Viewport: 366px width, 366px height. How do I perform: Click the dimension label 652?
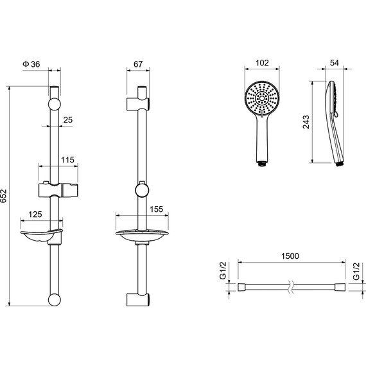pyautogui.click(x=3, y=196)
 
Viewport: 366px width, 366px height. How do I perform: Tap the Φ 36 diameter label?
pyautogui.click(x=31, y=64)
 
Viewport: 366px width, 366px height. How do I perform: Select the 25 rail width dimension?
pyautogui.click(x=68, y=120)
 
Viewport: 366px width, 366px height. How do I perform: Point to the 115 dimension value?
pyautogui.click(x=67, y=160)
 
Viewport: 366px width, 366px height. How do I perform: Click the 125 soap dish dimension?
pyautogui.click(x=35, y=214)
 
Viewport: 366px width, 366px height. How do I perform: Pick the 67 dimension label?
pyautogui.click(x=138, y=64)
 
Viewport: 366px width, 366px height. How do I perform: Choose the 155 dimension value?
pyautogui.click(x=157, y=209)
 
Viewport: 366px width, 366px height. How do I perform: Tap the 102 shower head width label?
pyautogui.click(x=262, y=63)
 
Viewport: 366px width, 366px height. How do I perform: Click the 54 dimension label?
pyautogui.click(x=335, y=63)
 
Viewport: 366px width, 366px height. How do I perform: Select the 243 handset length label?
pyautogui.click(x=306, y=122)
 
